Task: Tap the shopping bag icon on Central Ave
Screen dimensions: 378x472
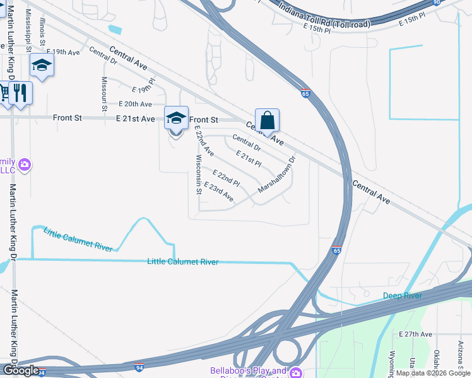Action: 267,120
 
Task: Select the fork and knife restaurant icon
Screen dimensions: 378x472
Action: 20,93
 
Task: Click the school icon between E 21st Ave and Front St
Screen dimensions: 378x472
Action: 176,117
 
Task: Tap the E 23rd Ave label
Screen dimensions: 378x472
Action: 219,192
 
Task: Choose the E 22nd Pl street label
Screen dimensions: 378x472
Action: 226,178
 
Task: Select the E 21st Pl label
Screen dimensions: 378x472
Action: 248,157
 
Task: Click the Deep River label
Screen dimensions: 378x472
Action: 402,295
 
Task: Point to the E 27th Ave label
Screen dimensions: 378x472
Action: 415,334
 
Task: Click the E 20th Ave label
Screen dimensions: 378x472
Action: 135,104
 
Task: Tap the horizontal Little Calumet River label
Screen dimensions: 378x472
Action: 182,261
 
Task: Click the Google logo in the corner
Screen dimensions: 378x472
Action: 21,370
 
